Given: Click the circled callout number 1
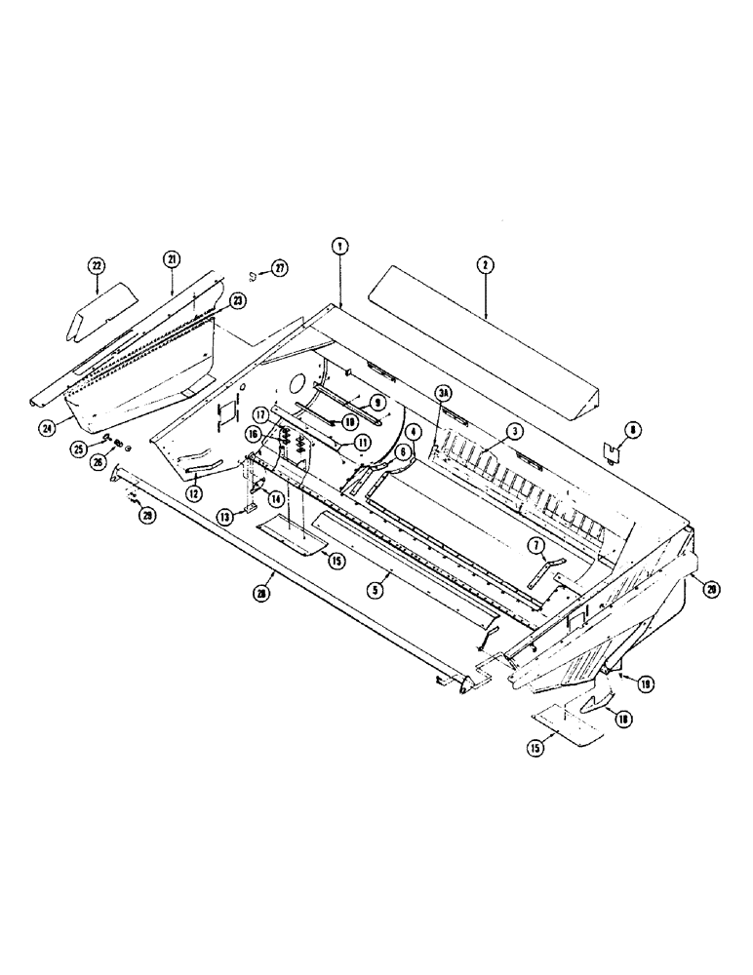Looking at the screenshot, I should pyautogui.click(x=338, y=247).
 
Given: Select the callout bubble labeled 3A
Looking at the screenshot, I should pyautogui.click(x=445, y=393).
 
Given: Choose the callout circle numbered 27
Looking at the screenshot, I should pyautogui.click(x=281, y=269).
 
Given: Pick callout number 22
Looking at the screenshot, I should pyautogui.click(x=97, y=264).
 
